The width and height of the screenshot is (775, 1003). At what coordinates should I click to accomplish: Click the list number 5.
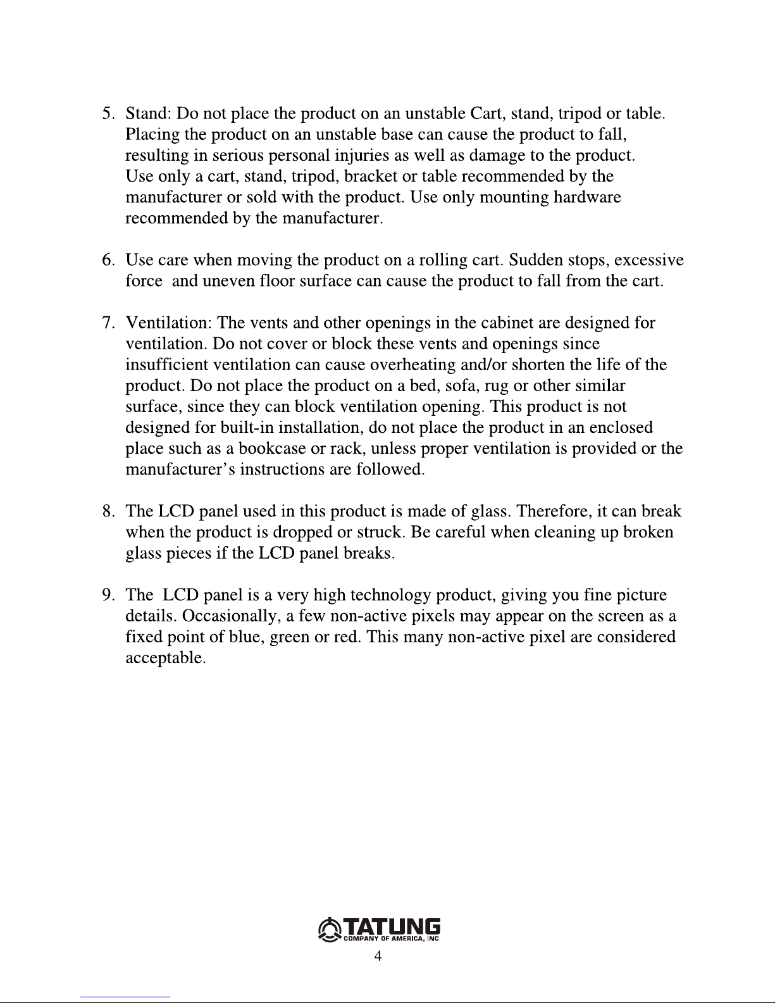[108, 115]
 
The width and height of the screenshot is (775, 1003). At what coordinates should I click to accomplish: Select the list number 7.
[108, 324]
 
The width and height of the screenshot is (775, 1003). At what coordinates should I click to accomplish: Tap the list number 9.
[108, 595]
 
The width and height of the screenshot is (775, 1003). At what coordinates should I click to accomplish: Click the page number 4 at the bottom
[378, 956]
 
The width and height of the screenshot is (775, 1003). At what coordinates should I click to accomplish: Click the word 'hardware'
[586, 197]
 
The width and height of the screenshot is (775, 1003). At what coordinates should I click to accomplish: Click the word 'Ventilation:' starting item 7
[169, 324]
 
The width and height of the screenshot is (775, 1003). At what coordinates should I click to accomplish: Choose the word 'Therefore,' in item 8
[554, 511]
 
